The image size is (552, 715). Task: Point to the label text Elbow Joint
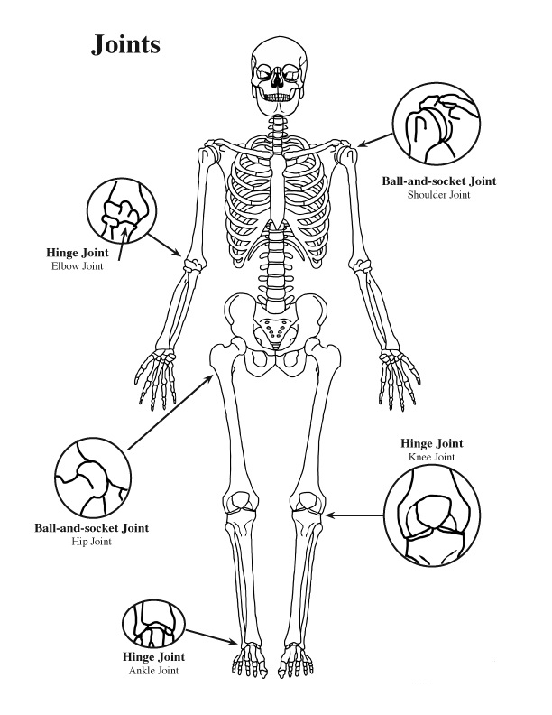coord(77,266)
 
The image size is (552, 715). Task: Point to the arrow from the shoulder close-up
coord(375,140)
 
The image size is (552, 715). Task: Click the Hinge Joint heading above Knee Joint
coord(431,443)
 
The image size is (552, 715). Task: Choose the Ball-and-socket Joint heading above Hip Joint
coord(91,528)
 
